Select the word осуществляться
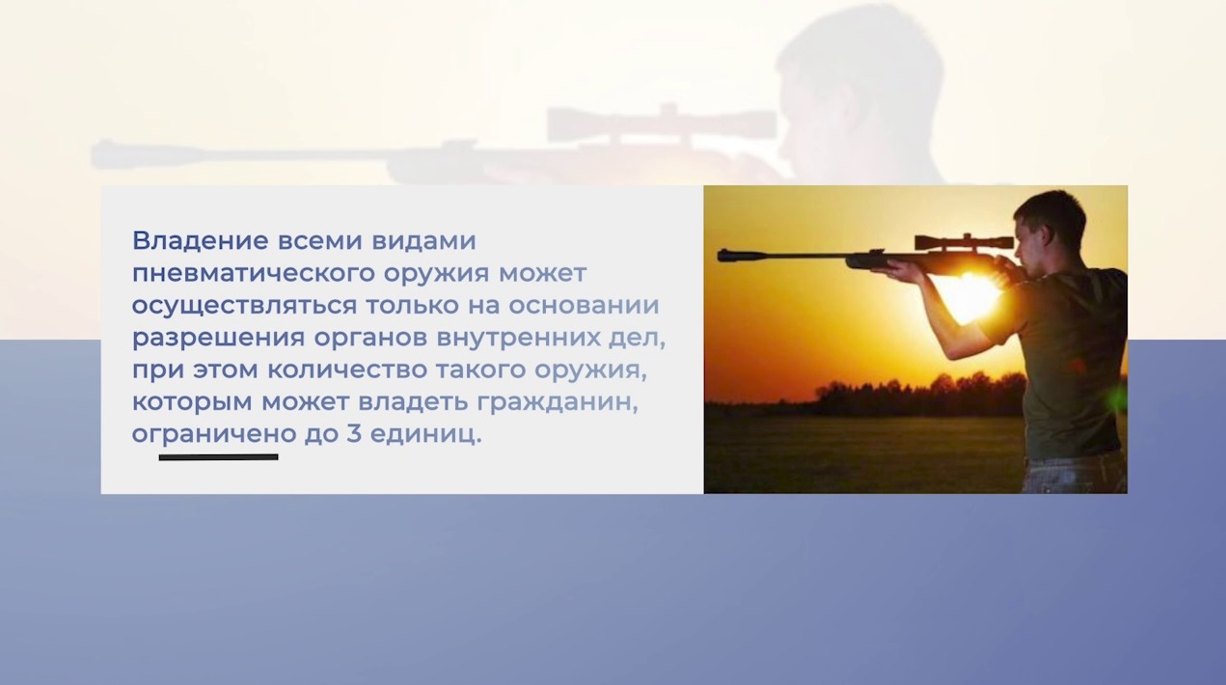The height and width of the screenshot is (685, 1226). pos(243,306)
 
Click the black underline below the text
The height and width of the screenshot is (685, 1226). pos(218,457)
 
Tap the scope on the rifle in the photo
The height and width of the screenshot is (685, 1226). pos(963,241)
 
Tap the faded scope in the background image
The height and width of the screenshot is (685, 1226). pos(662,123)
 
